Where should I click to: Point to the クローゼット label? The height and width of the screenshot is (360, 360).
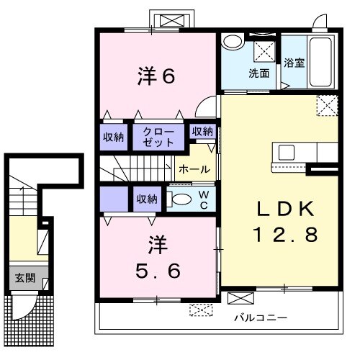tap(158, 136)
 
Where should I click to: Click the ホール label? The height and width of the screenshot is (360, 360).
tap(194, 170)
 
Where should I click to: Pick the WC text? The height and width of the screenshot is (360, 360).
tap(204, 200)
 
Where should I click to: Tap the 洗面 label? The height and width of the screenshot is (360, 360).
tap(258, 73)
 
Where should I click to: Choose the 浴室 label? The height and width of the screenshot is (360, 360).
tap(294, 63)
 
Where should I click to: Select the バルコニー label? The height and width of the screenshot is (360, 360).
tap(261, 318)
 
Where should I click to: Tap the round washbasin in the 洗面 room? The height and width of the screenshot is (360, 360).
tap(232, 42)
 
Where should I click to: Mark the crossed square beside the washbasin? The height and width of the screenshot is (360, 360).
tap(263, 50)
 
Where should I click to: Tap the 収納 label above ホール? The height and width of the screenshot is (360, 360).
tap(202, 131)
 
